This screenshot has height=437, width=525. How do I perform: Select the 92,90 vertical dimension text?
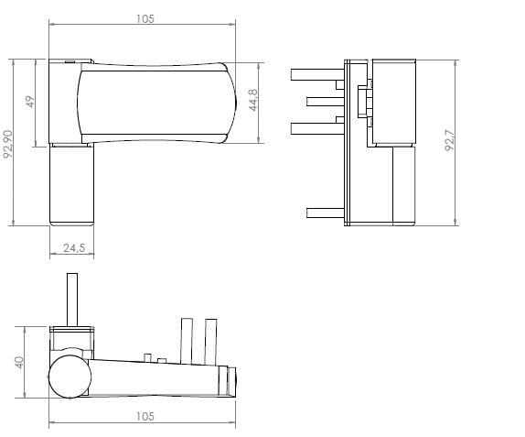tap(9, 144)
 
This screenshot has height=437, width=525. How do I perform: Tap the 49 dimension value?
tap(29, 102)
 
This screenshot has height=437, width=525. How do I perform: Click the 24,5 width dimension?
tap(74, 248)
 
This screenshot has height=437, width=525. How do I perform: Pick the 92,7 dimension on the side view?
tap(450, 142)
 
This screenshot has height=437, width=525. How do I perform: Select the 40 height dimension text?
tap(18, 362)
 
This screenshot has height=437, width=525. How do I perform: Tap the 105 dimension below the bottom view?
tap(144, 417)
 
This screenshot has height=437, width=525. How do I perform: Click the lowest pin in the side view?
tap(326, 213)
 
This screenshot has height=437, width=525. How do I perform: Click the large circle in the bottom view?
tap(70, 377)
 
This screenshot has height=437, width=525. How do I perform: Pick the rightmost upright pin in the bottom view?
tap(211, 340)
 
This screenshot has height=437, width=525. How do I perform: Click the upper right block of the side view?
tap(393, 101)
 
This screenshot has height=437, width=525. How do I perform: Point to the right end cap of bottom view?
tap(231, 380)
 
